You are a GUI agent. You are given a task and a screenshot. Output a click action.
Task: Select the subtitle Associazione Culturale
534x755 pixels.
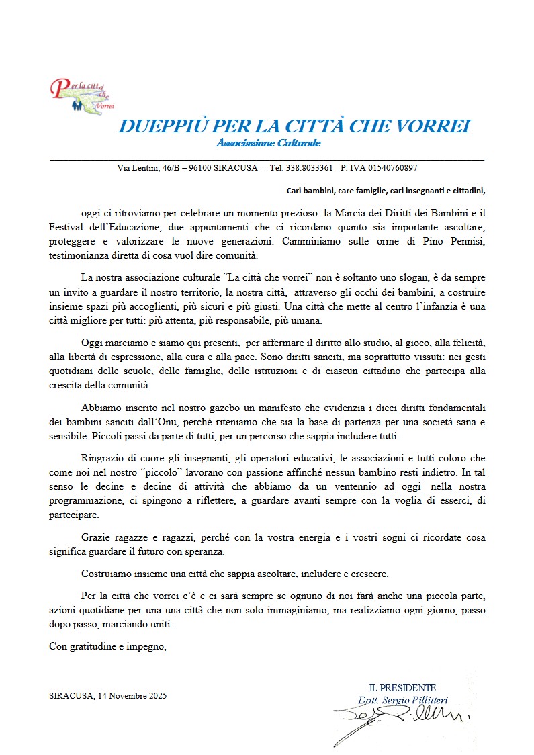(268, 143)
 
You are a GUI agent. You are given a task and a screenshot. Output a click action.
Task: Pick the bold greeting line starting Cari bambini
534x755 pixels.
(386, 190)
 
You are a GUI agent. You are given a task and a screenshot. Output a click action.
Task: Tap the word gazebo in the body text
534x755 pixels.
(223, 408)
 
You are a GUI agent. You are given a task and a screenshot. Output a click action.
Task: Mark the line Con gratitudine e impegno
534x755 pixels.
(108, 648)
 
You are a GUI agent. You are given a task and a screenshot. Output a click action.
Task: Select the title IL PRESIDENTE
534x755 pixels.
(402, 688)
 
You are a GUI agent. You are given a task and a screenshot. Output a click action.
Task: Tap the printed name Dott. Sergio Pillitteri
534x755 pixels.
(402, 700)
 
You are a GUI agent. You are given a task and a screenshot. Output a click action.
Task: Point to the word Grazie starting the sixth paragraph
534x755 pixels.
(95, 538)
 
